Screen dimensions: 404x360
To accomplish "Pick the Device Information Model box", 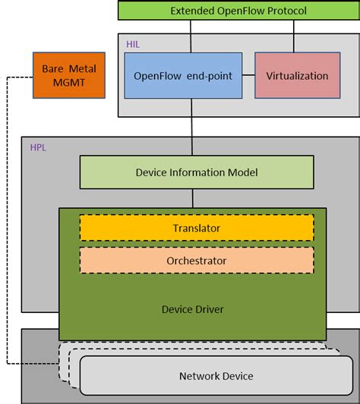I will (x=196, y=172).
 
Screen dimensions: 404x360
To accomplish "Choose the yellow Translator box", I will (x=196, y=228).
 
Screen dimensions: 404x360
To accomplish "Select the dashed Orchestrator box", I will (x=196, y=260).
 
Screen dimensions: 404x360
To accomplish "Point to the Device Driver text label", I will (x=192, y=309).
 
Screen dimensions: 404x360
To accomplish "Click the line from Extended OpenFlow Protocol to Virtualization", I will (x=293, y=36).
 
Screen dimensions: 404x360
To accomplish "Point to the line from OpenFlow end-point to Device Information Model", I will (x=192, y=129).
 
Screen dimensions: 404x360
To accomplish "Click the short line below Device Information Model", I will (x=192, y=198).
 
